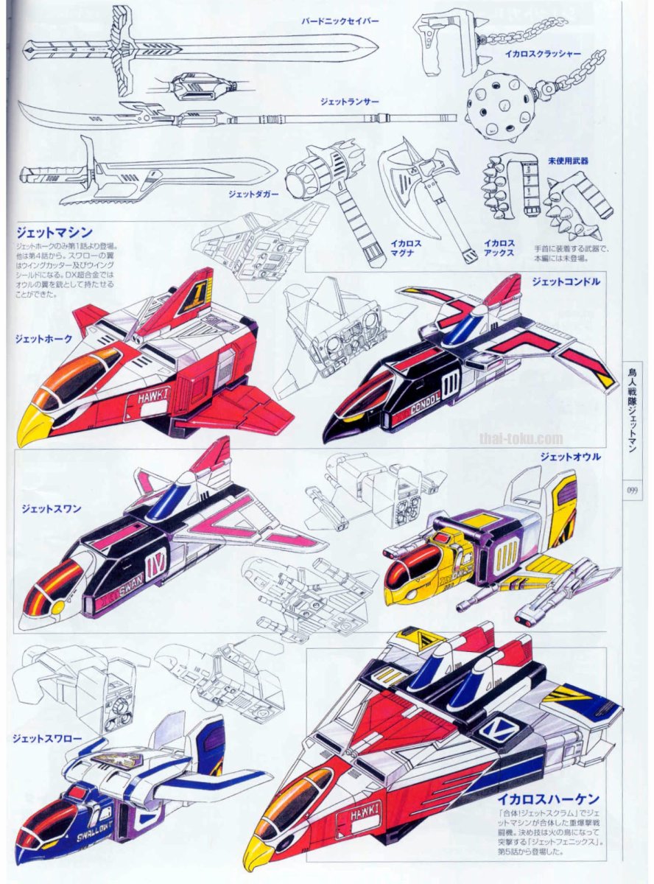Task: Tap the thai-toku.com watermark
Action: click(x=521, y=438)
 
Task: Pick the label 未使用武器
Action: click(x=568, y=160)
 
